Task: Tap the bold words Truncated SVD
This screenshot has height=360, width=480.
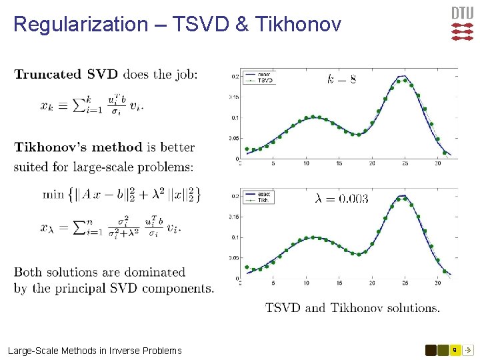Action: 66,74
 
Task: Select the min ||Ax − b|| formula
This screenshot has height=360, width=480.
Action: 121,194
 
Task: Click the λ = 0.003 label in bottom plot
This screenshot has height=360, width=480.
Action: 341,199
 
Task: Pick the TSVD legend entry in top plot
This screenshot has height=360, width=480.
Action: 265,80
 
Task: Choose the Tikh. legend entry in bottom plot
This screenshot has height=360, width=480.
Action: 264,199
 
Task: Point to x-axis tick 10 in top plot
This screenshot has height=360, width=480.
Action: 306,163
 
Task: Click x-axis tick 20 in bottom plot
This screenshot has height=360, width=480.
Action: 372,283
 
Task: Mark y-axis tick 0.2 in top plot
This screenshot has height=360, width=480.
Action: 235,77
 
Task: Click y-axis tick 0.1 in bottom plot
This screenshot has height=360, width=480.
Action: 235,237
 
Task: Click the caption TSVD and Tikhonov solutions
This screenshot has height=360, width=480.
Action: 353,308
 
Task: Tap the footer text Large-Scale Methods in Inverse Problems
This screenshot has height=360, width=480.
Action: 95,350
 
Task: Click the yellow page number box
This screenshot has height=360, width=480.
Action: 454,349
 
